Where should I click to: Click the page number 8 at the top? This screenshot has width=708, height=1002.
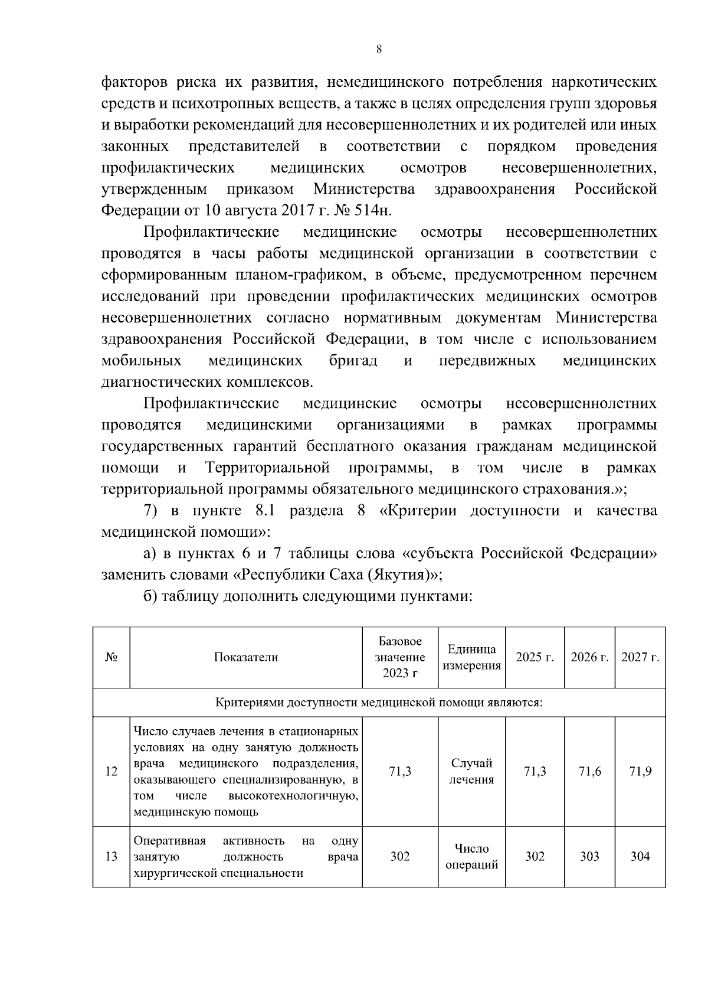(379, 50)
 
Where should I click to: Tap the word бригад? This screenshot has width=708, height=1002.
(353, 361)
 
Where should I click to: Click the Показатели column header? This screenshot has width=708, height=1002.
(245, 657)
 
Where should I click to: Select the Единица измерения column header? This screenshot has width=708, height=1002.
(471, 657)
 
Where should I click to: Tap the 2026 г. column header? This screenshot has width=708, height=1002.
(589, 657)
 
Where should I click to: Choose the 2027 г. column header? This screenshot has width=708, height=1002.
(640, 657)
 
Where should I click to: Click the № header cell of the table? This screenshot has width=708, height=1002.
(111, 657)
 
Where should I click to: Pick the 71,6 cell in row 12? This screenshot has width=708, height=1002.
(589, 771)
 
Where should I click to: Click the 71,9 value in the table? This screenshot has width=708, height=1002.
(640, 771)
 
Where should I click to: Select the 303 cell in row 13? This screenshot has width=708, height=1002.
(589, 856)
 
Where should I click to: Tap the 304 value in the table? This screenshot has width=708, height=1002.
(640, 856)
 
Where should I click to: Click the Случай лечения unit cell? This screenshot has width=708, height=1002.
(471, 771)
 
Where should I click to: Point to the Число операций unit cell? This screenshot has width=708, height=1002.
(471, 856)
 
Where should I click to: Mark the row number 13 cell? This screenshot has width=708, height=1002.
(111, 856)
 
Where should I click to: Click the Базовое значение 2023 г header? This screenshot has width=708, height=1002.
(400, 657)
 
